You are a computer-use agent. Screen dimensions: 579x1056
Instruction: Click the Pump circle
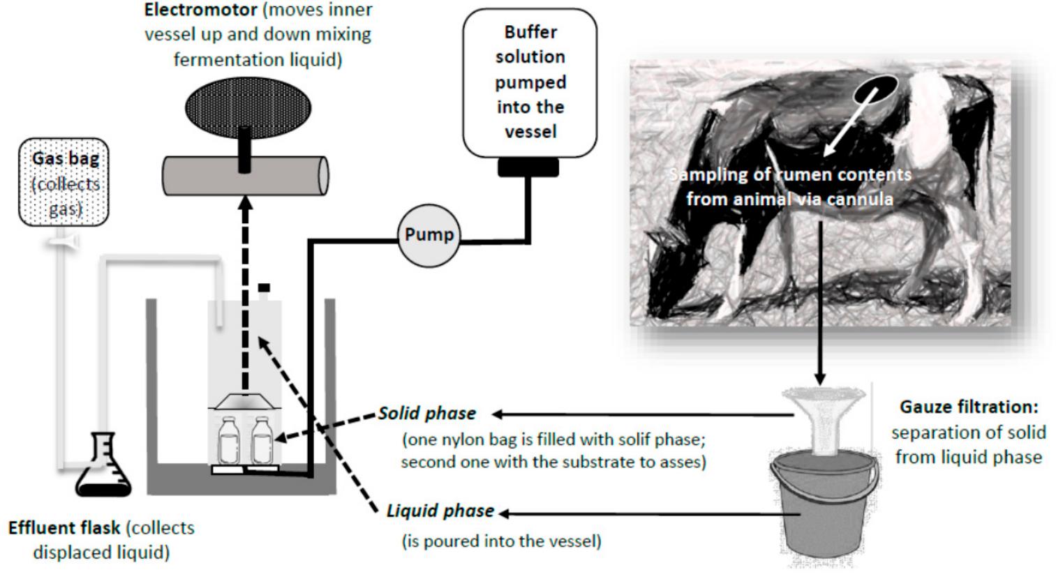(x=429, y=235)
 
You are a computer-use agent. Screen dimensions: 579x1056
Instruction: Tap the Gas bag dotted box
(x=65, y=183)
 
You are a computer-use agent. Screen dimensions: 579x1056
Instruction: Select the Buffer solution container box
(x=530, y=82)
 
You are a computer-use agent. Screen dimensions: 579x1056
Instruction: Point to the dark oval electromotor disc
(x=248, y=108)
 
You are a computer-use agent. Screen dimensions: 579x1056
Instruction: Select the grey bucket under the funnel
(x=823, y=502)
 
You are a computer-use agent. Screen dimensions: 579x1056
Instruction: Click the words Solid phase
(x=427, y=413)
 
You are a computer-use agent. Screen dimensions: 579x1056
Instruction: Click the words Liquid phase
(x=440, y=511)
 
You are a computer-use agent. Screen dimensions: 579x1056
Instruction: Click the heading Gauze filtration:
(x=969, y=406)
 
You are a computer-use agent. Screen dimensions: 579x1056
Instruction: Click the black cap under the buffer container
(x=528, y=167)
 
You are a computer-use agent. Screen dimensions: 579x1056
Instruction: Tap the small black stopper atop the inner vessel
(x=264, y=287)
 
